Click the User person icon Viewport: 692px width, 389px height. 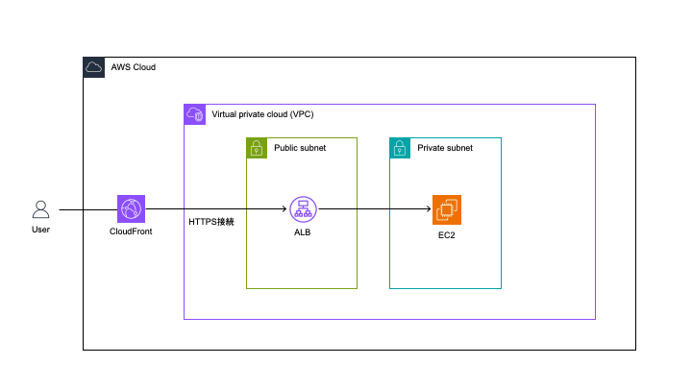40,209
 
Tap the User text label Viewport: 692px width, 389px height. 40,230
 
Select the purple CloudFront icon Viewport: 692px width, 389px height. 131,208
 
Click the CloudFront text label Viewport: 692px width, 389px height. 131,231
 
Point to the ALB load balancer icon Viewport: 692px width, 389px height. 303,209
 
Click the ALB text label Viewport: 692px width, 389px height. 303,232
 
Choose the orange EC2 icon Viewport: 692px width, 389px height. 447,209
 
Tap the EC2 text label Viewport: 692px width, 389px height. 446,235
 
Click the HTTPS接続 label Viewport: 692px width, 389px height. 210,222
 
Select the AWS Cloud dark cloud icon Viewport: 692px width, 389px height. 93,67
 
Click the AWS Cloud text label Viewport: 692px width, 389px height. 134,67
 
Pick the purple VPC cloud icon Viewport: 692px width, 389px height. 194,114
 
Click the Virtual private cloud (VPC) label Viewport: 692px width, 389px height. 262,114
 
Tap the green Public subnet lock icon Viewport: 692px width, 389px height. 257,148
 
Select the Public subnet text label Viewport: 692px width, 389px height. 300,148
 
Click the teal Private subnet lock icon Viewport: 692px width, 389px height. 400,148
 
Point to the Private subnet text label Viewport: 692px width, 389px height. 445,148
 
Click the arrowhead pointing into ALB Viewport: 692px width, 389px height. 284,209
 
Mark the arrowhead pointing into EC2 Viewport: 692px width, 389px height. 429,209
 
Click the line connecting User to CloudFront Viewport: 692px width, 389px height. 87,209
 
